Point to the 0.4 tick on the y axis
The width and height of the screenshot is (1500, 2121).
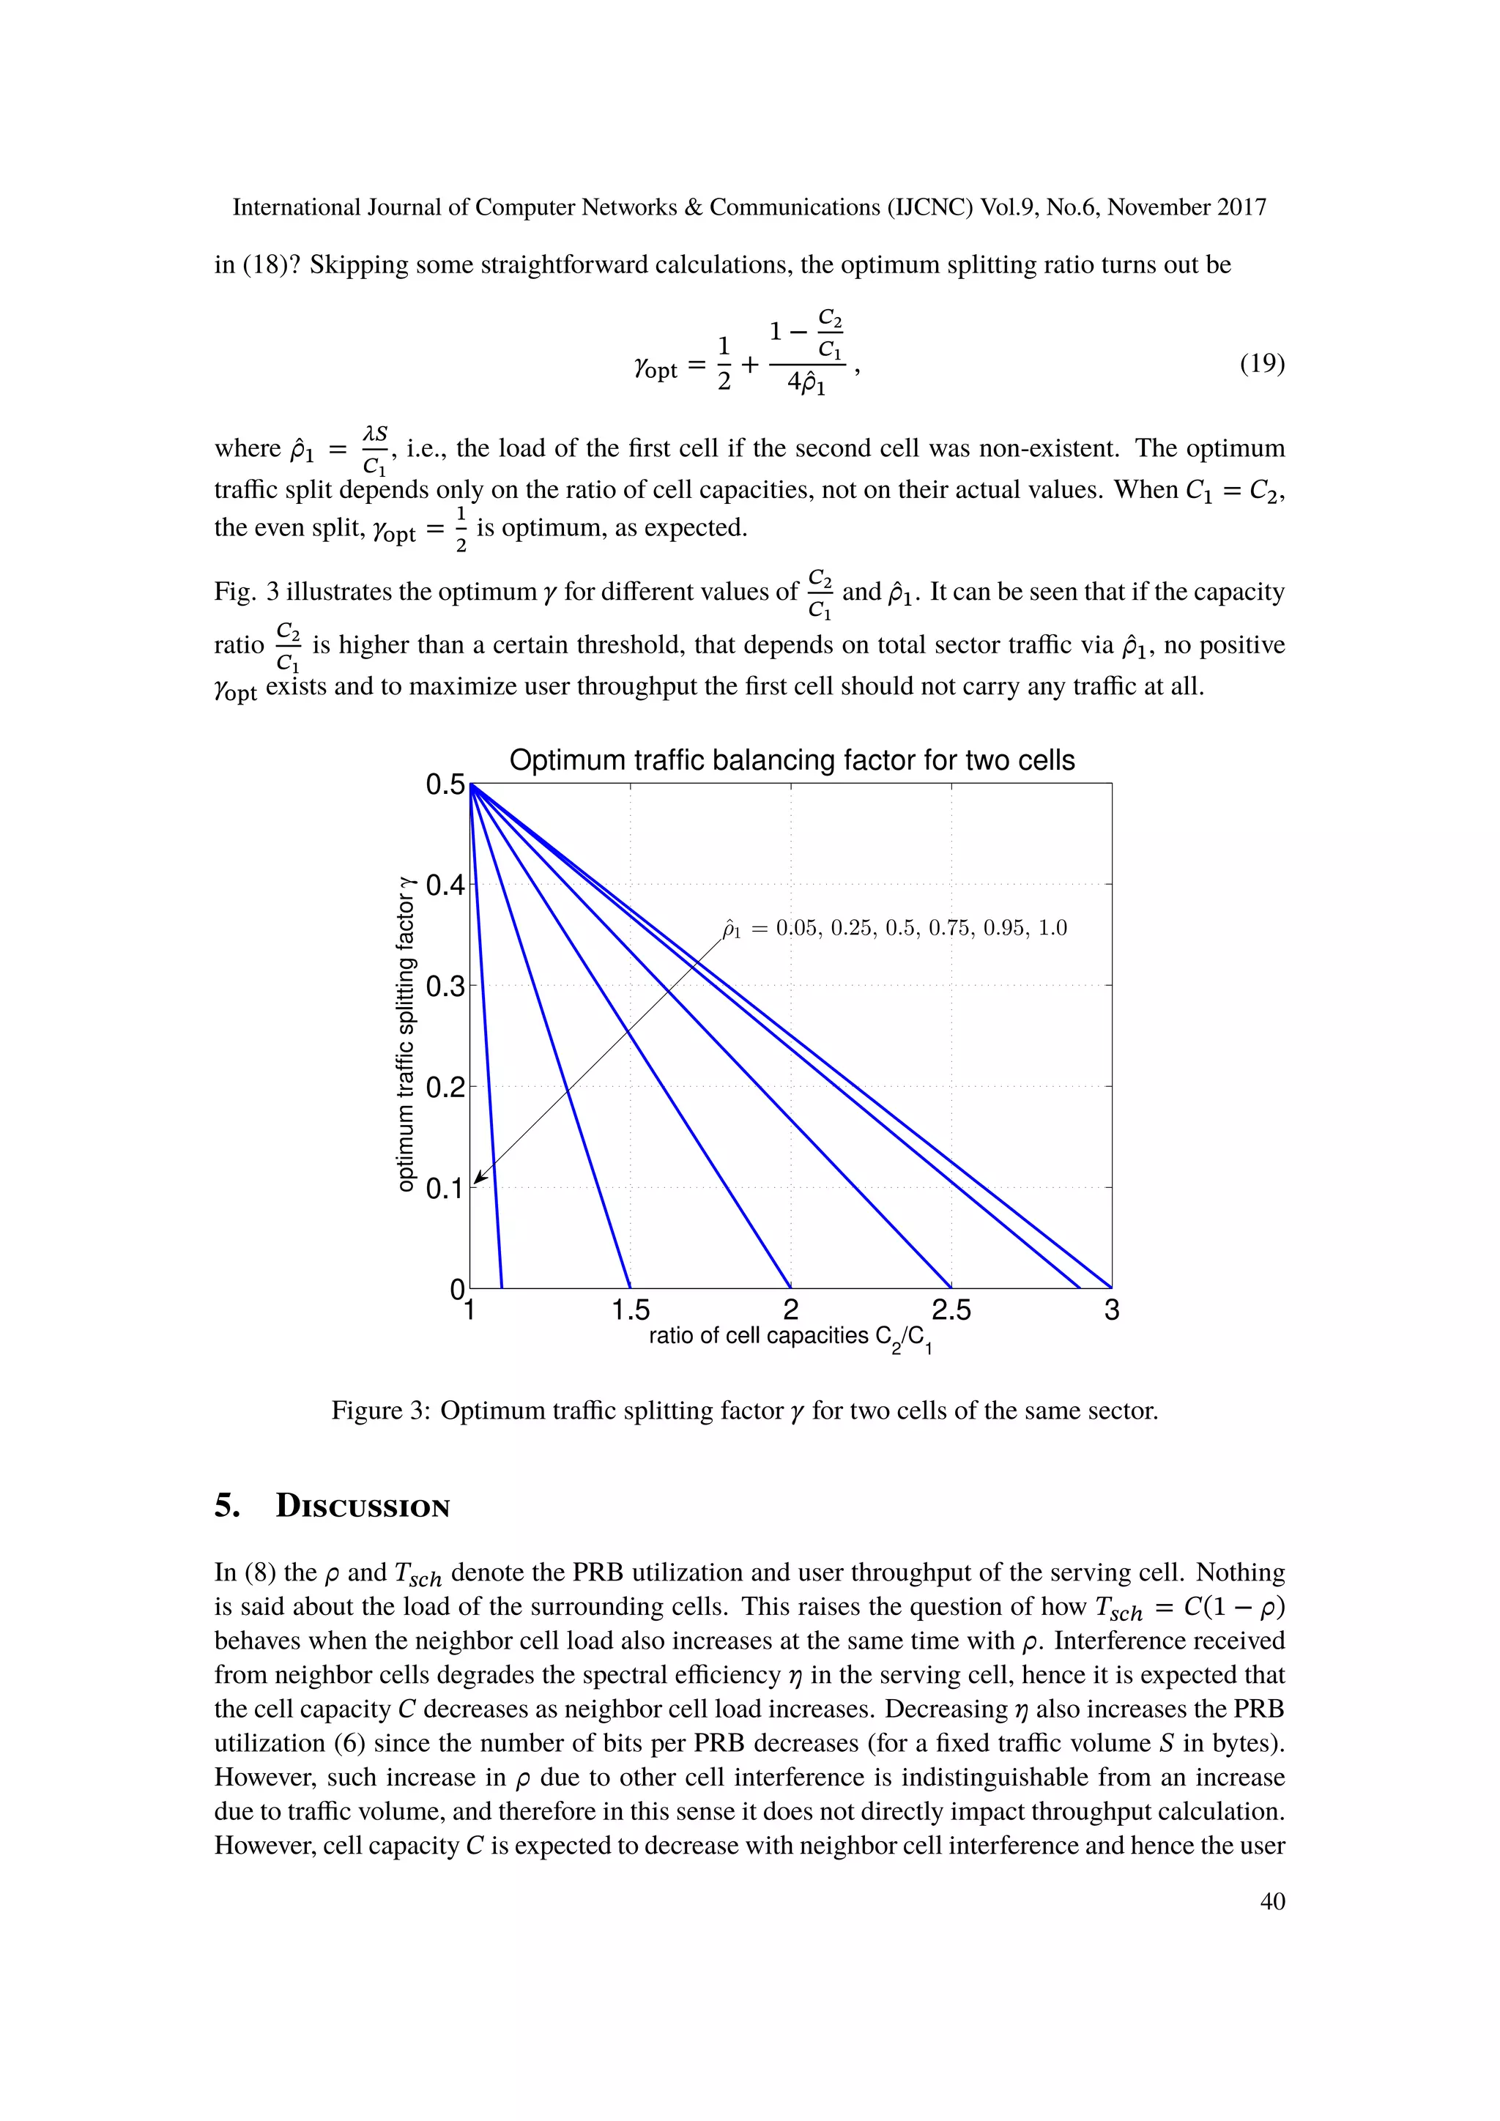(x=445, y=885)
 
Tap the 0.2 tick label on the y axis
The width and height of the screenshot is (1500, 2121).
(x=445, y=1088)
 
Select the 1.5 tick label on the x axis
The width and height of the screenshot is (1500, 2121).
(x=630, y=1310)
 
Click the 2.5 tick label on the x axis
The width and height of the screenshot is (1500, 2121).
(x=951, y=1310)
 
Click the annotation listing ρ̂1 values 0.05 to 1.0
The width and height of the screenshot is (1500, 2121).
(x=894, y=929)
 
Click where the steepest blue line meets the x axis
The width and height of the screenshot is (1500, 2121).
(x=502, y=1287)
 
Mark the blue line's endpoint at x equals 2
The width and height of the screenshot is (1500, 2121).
(x=790, y=1287)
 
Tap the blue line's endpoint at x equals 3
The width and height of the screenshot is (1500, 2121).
(x=1111, y=1287)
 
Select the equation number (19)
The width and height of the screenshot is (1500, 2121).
(x=1262, y=364)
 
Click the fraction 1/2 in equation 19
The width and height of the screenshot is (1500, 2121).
(x=724, y=364)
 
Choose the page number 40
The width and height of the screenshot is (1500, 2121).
(x=1272, y=1901)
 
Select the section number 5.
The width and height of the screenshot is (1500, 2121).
(x=226, y=1507)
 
